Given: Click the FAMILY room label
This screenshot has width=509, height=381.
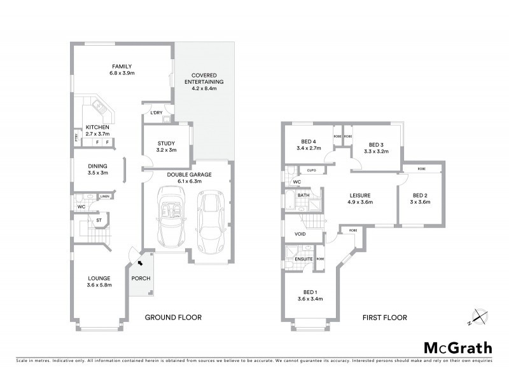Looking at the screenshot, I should tap(122, 66).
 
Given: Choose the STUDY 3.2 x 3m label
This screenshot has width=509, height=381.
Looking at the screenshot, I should tap(165, 146).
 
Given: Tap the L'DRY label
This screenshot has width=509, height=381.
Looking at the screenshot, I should tap(156, 112).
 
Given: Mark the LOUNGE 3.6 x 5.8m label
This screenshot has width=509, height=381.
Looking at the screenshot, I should tap(99, 281).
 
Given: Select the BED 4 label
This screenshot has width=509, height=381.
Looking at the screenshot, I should tap(309, 144).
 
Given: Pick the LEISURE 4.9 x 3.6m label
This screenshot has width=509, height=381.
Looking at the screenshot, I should tap(360, 199).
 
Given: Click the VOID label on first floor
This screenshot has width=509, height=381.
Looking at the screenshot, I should tap(300, 234).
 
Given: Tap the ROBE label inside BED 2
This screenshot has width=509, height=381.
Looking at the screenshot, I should tap(422, 170).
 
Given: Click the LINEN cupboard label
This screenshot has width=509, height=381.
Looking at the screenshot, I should tap(105, 196).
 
